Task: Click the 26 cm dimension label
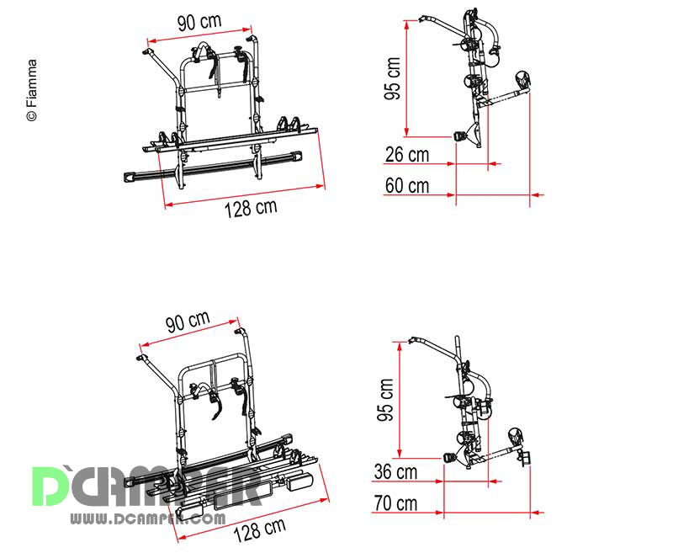tap(407, 155)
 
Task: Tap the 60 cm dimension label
tap(407, 186)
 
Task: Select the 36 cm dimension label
tap(395, 472)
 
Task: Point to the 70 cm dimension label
tap(395, 503)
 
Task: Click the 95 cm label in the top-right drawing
tap(392, 78)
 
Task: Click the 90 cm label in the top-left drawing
tap(199, 23)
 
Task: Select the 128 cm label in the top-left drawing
tap(251, 208)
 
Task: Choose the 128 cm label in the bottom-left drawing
tap(260, 530)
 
